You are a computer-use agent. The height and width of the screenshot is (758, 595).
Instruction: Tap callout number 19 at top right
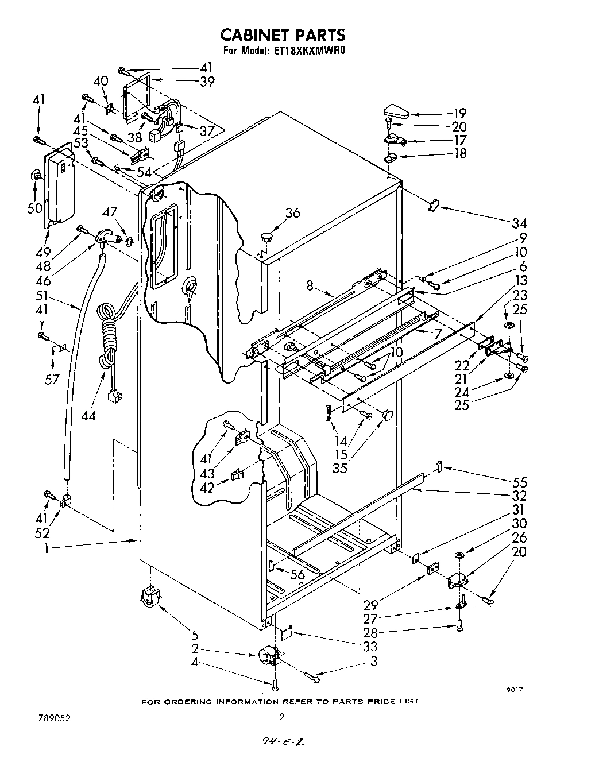click(460, 113)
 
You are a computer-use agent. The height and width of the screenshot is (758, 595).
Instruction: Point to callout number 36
click(292, 212)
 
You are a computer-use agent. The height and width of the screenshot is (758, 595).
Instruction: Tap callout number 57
click(52, 380)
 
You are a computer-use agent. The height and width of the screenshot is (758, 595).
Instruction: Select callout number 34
click(504, 223)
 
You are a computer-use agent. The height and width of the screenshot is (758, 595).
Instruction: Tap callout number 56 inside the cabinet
click(297, 574)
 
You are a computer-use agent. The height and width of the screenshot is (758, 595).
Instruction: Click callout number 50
click(36, 208)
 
